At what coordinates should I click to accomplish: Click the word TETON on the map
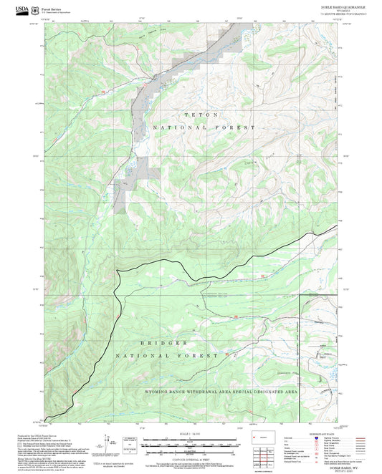pos(196,115)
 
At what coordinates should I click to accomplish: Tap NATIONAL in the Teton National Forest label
pos(176,127)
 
